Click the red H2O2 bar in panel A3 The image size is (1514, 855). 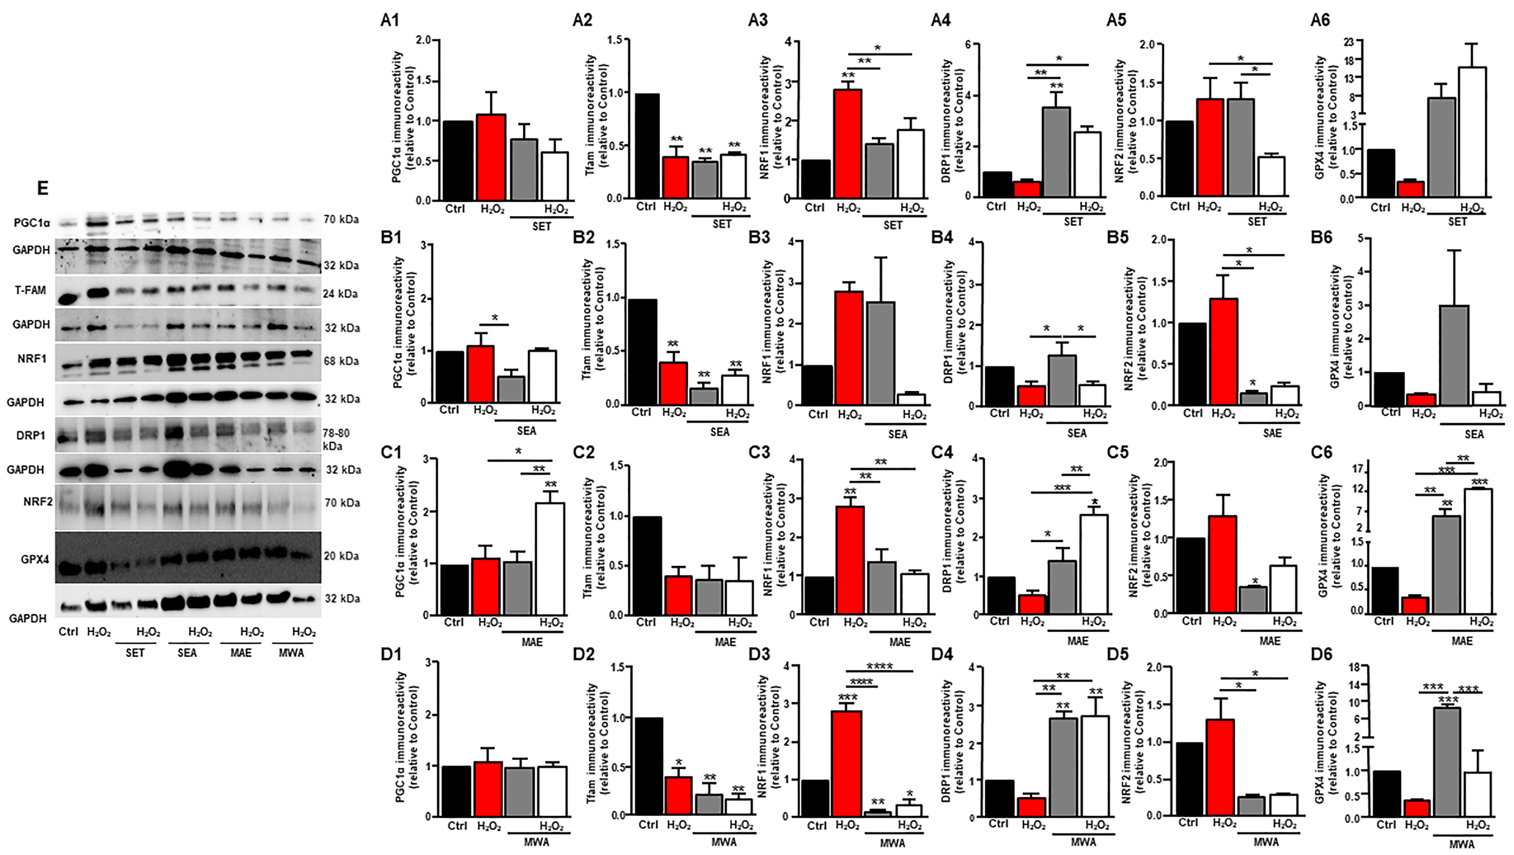pos(847,144)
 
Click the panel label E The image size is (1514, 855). pos(42,188)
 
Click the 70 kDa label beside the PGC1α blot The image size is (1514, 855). pos(341,219)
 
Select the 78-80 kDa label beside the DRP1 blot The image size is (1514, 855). pos(336,439)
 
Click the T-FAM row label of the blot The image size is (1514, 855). pos(30,290)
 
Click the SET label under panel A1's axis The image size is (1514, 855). pos(541,226)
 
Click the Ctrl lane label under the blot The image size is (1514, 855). pos(68,631)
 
